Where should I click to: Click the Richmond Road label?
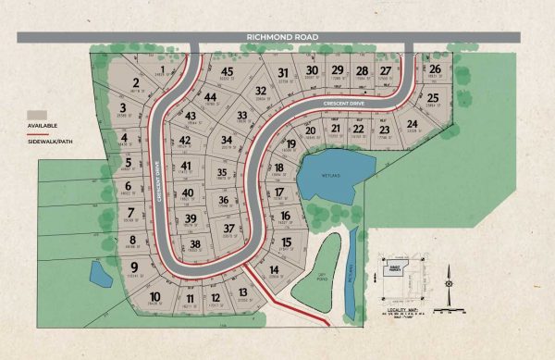283,37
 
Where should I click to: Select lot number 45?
227,71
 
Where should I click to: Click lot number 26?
434,68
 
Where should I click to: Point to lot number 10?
155,296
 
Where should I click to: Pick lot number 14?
275,270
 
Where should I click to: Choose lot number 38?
195,244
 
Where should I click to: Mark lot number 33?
242,115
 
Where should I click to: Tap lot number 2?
136,83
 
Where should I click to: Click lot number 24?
412,124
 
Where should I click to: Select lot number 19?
290,144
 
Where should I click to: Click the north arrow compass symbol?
447,279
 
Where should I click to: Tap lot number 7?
131,213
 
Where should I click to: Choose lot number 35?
222,172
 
